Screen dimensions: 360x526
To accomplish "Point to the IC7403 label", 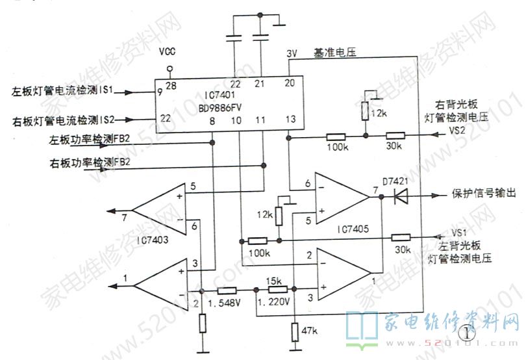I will pos(156,240).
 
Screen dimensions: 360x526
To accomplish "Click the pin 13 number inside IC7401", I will pos(290,119).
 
